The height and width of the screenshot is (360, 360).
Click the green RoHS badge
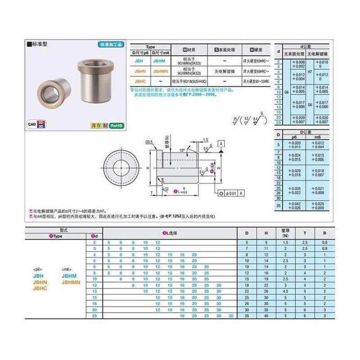coord(116,126)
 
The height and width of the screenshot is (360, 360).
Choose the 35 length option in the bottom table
coord(230,316)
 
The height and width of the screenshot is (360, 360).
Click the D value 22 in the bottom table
coord(247,292)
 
